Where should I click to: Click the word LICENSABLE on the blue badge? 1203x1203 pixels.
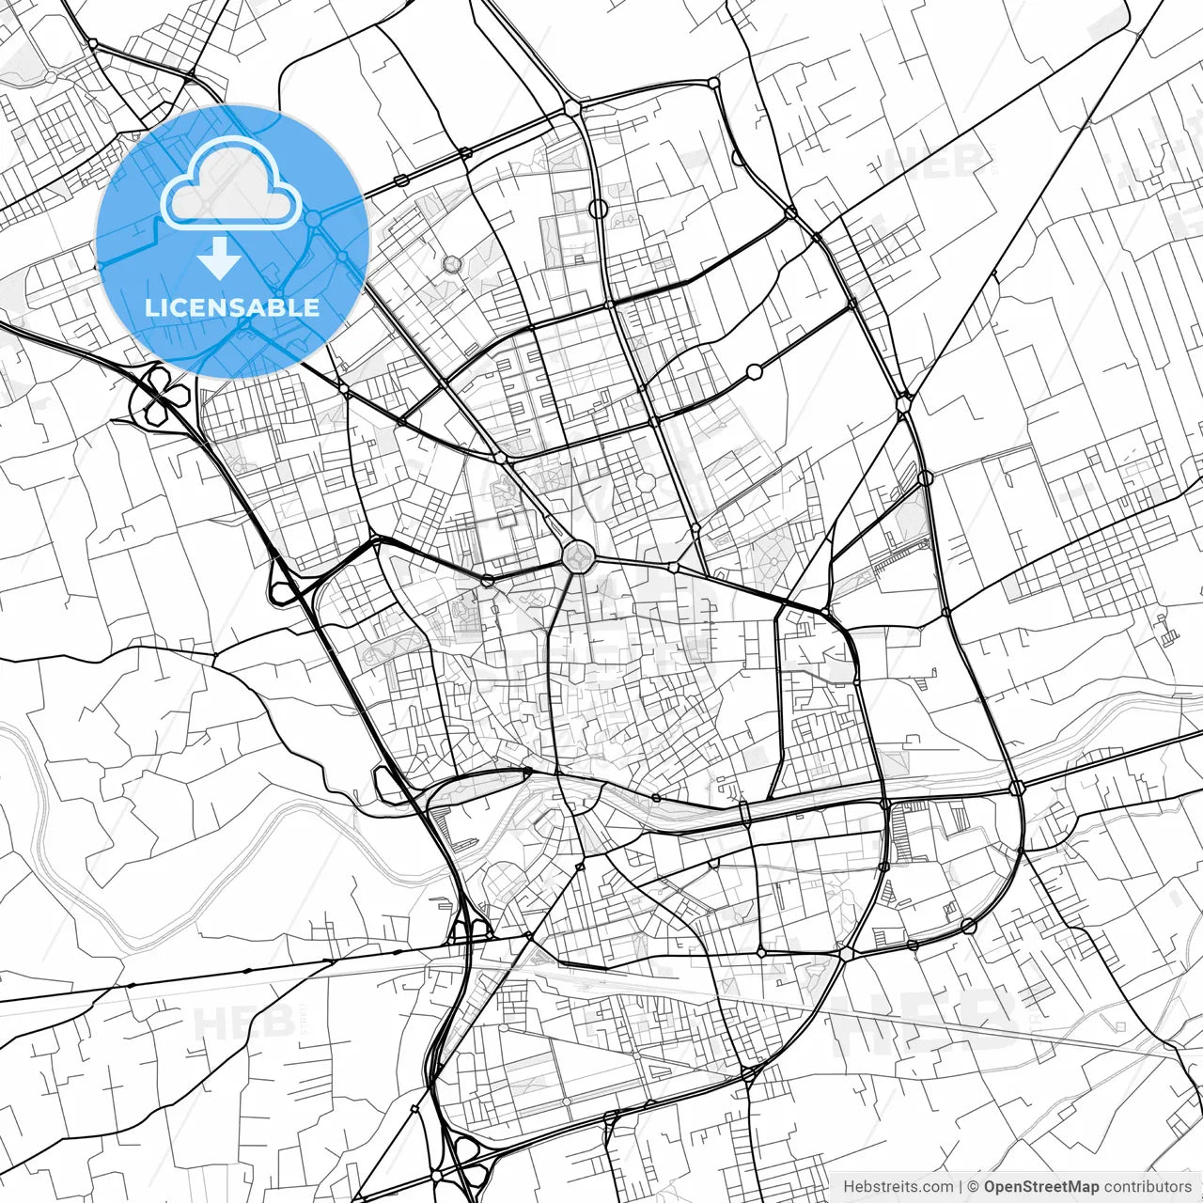[x=232, y=307]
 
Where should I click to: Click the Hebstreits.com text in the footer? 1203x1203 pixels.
[x=898, y=1186]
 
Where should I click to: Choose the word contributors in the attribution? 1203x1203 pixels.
[x=1148, y=1186]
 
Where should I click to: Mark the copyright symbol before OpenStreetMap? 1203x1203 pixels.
[x=974, y=1186]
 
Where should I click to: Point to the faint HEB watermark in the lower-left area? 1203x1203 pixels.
[x=235, y=1023]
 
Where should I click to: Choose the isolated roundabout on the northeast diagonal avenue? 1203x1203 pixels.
[x=754, y=372]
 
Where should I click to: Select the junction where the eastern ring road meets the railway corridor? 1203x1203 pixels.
[x=1016, y=788]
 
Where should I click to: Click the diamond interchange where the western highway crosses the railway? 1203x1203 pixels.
[x=468, y=930]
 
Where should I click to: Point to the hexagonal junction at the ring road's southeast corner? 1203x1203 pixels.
[x=847, y=952]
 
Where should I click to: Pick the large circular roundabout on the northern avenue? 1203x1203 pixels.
[x=599, y=209]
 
